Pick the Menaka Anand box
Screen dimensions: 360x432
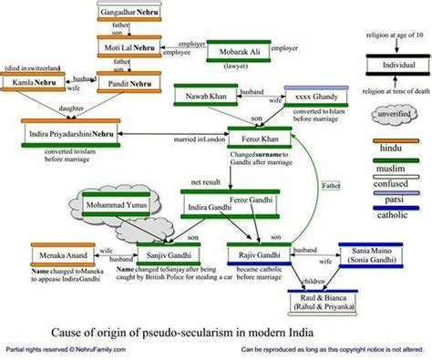61,256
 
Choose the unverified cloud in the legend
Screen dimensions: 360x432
396,115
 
